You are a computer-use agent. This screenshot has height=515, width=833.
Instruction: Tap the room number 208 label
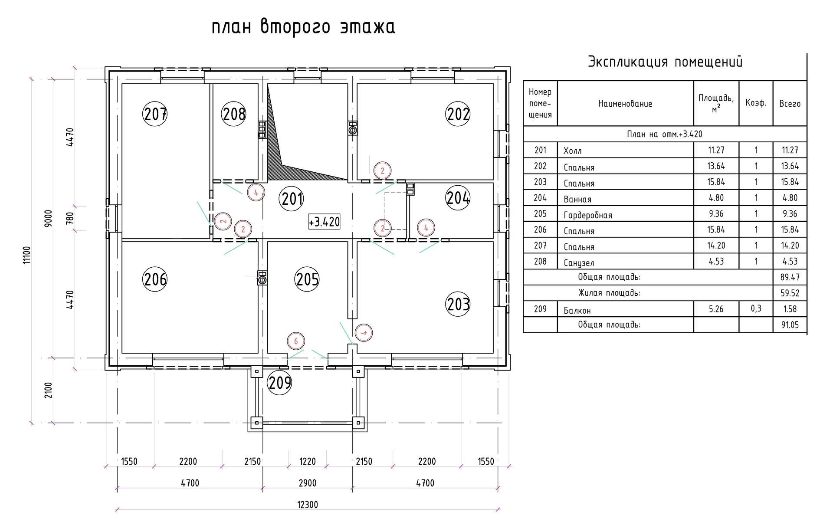234,114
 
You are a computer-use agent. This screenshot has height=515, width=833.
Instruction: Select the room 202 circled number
458,114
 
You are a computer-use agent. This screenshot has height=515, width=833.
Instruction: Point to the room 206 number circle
155,279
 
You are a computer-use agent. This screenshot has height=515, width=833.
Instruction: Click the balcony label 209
280,383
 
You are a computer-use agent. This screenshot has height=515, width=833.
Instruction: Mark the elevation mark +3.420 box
324,222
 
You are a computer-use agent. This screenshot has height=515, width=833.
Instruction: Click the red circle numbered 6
296,341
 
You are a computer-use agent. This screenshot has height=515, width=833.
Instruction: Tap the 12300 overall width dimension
308,505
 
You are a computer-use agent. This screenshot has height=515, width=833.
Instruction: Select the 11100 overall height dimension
27,255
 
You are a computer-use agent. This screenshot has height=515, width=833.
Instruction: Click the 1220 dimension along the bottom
308,461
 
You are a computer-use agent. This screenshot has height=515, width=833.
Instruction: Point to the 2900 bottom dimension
308,483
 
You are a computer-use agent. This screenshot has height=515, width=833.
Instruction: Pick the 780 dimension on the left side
70,218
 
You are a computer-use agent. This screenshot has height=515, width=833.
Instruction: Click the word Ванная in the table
577,199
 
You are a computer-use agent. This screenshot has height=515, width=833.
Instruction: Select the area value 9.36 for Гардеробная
716,213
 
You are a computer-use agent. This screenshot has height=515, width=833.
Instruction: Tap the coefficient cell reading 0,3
756,308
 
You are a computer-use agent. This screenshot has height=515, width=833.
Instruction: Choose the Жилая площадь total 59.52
790,293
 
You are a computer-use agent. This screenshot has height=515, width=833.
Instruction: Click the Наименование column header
625,104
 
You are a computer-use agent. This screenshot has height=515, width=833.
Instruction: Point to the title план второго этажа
303,27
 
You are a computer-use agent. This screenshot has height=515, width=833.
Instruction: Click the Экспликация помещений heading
665,62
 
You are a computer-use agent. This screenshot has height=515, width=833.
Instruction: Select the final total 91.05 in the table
790,325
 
